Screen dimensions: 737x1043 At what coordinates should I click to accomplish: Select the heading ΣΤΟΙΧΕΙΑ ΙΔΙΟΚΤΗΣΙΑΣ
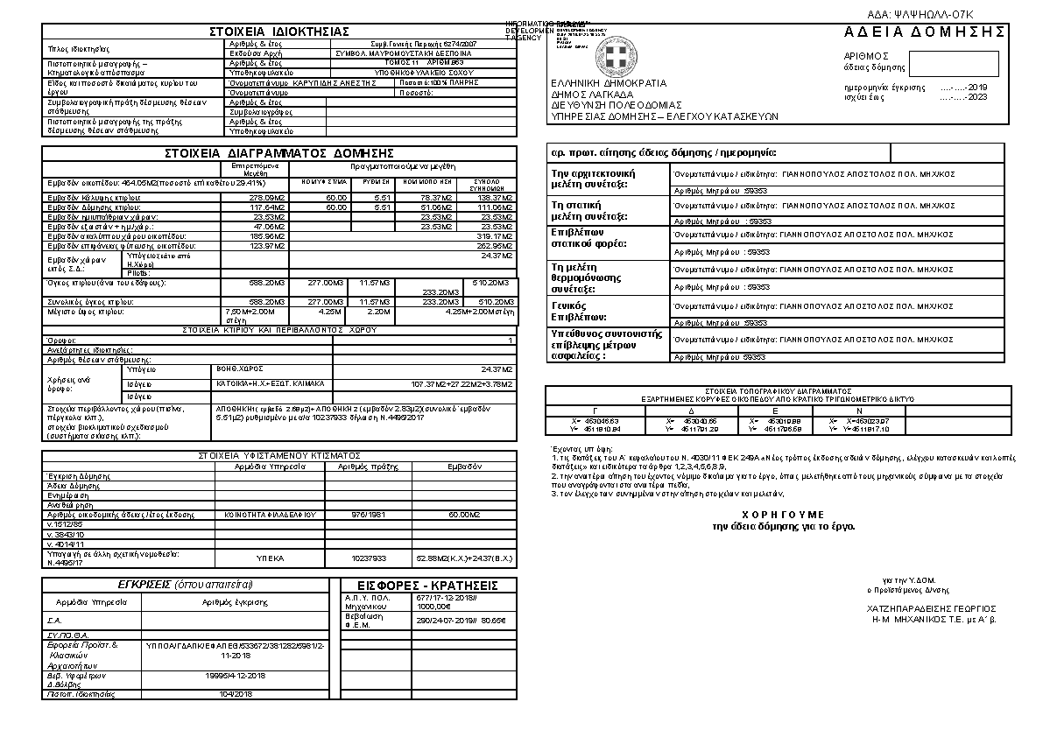(x=278, y=32)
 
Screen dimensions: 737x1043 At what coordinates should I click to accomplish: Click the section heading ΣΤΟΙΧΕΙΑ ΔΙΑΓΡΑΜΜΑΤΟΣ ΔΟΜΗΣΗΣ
(x=279, y=153)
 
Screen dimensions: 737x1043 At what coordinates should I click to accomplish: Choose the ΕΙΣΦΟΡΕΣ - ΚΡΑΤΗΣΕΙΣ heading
(x=428, y=586)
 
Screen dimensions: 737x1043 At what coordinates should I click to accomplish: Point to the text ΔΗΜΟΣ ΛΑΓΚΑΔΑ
(x=593, y=94)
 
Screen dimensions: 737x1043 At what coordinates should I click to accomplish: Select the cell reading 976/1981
(x=369, y=515)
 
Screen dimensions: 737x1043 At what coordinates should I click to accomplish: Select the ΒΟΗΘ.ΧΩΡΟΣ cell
(x=237, y=369)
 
